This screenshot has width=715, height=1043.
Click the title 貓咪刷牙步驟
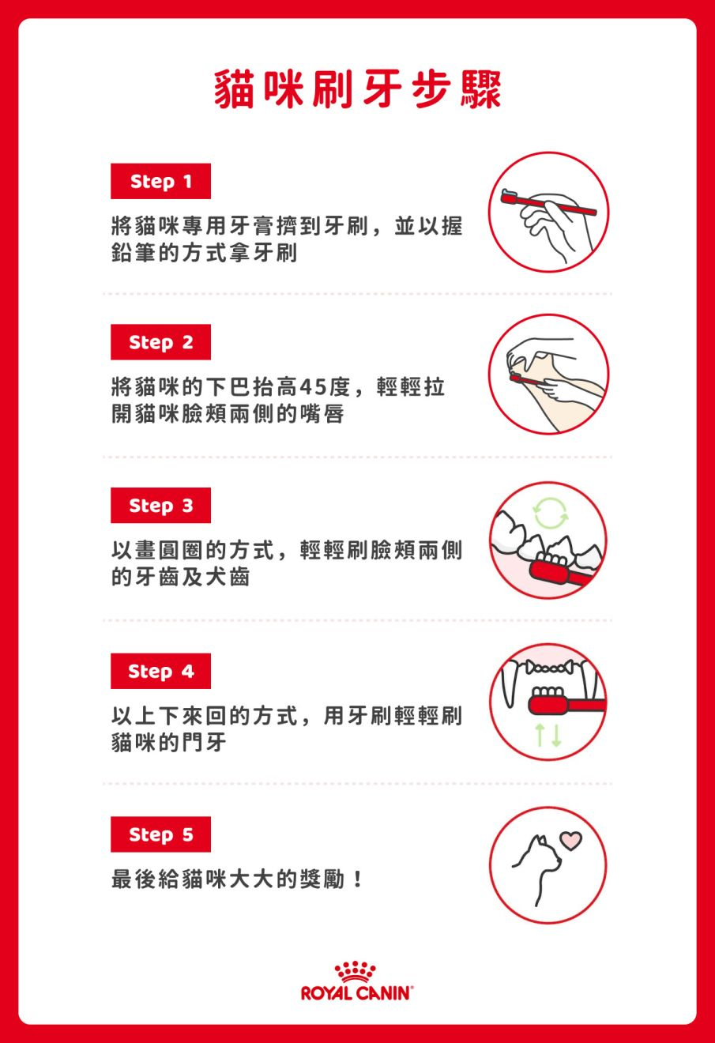(x=357, y=89)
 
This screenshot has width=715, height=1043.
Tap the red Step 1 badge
(x=160, y=182)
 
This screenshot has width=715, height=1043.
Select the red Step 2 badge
(x=160, y=342)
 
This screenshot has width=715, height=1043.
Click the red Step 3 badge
(x=160, y=506)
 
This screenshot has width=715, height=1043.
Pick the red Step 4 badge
(x=160, y=672)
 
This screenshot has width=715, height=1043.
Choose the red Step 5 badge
(x=160, y=834)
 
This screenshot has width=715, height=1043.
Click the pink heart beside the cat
(x=570, y=840)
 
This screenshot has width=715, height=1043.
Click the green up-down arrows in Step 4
(x=548, y=734)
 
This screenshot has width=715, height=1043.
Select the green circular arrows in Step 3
(x=550, y=514)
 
